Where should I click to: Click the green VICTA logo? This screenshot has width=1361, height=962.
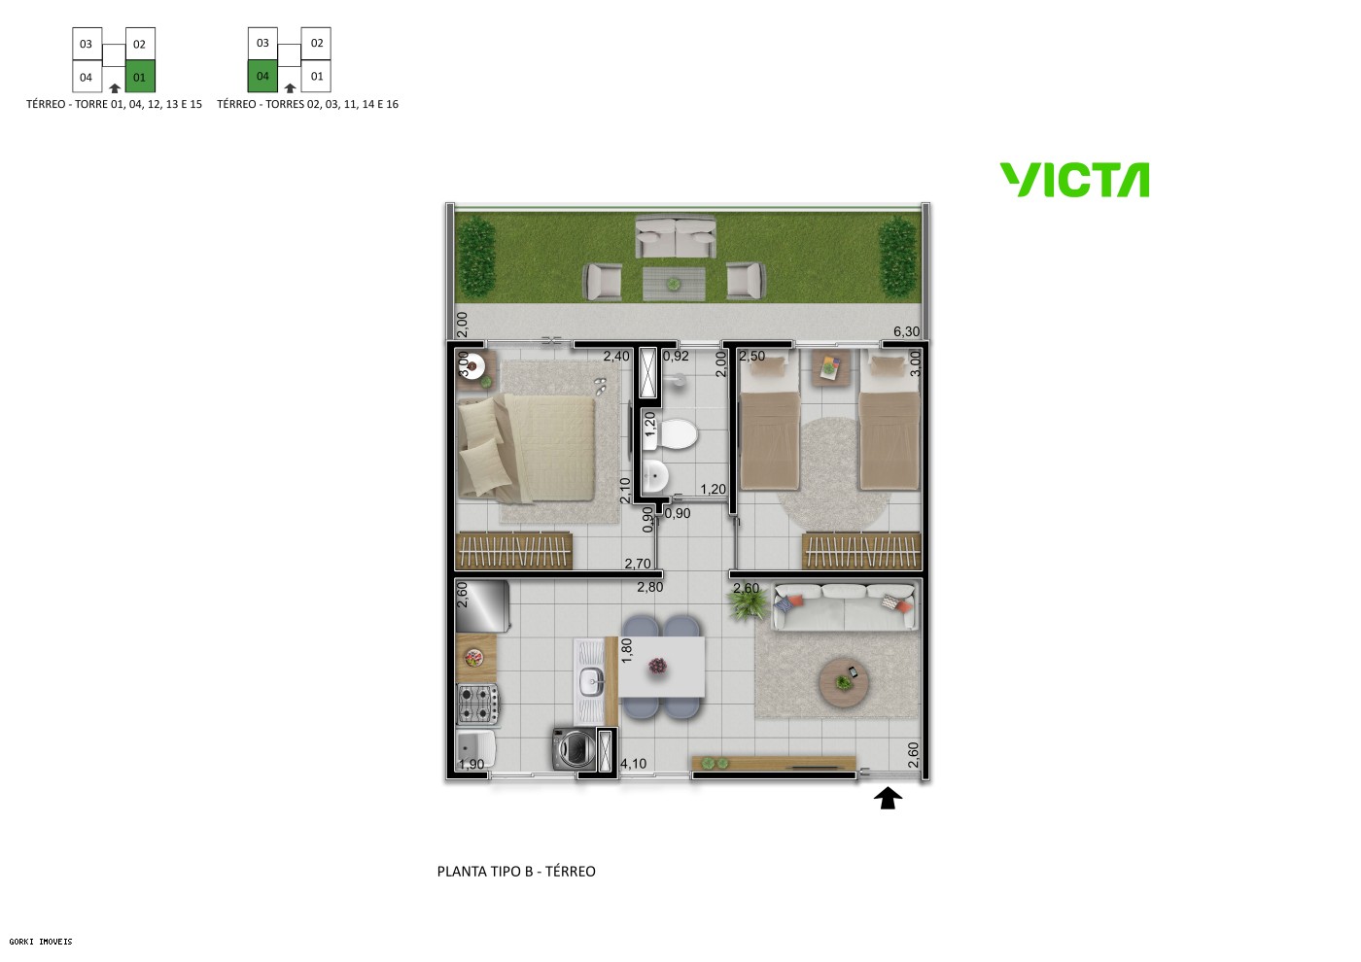click(1074, 180)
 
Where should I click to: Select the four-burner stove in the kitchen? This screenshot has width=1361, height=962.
click(477, 704)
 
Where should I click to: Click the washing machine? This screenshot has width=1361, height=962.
click(573, 748)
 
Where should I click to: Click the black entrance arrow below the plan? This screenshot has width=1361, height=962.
click(888, 798)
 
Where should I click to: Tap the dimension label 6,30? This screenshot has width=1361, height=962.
click(906, 331)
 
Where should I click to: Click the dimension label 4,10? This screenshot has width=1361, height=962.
click(633, 764)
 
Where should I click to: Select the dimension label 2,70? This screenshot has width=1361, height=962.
click(638, 564)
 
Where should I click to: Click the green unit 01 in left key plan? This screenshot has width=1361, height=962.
click(140, 77)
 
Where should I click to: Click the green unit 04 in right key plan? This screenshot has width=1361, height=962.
click(262, 76)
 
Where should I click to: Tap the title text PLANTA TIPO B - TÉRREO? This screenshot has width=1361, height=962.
click(516, 872)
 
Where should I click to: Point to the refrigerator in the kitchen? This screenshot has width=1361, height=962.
click(482, 606)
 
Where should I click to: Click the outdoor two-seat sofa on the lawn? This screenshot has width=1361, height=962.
click(676, 237)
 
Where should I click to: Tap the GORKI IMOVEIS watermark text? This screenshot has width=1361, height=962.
click(41, 941)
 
